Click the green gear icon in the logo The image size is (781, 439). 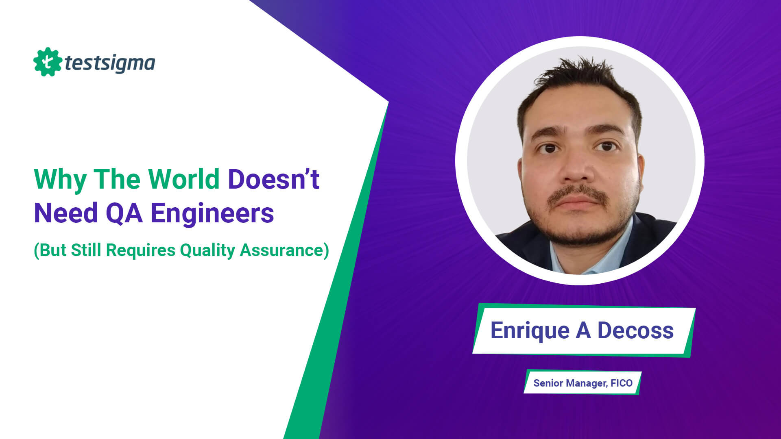tap(48, 62)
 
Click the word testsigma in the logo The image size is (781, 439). tap(110, 63)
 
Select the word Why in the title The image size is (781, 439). tap(60, 179)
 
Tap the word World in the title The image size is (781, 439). tap(184, 179)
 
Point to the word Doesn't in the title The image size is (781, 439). tap(273, 179)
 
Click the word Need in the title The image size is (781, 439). tap(66, 213)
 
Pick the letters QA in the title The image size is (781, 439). tap(124, 213)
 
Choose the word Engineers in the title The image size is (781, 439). tap(212, 213)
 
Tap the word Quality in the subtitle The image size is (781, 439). tap(207, 250)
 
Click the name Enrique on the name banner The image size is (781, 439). tap(530, 330)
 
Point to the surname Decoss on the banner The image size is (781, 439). tap(635, 330)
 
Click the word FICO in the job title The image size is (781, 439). tap(622, 383)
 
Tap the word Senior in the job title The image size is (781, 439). tap(548, 383)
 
